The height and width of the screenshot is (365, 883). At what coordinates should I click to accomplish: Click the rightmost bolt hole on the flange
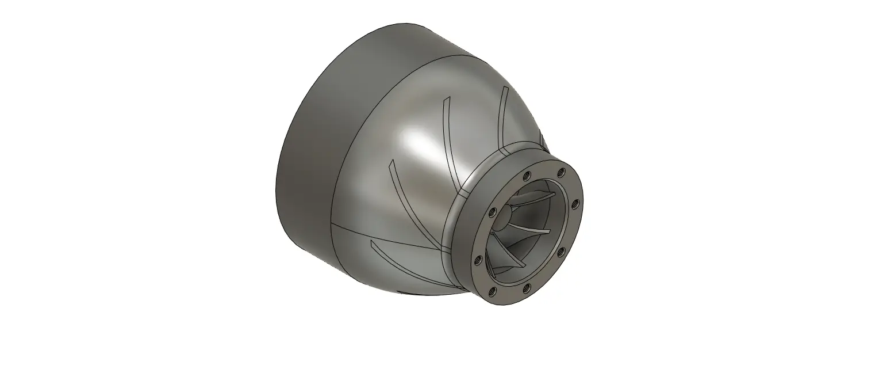(574, 203)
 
